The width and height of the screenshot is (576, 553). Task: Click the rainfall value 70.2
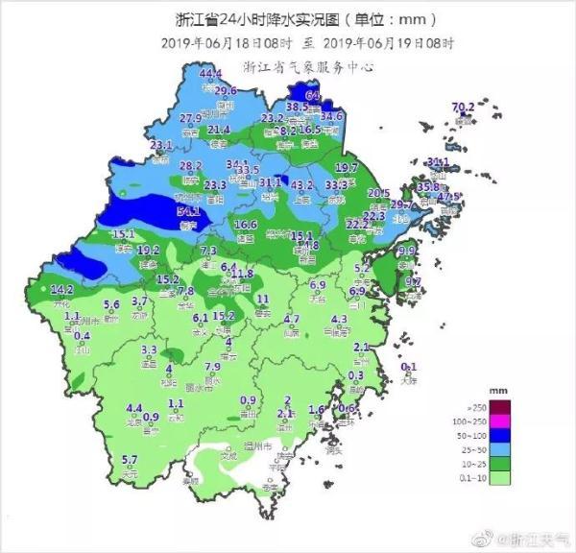464,106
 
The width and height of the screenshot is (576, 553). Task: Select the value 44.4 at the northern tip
210,74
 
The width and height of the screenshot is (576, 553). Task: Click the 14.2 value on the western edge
62,289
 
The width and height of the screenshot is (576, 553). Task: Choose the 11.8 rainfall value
242,274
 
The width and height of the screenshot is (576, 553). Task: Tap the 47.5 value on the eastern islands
449,197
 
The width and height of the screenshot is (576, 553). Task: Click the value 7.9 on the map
213,366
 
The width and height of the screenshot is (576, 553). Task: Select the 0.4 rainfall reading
83,335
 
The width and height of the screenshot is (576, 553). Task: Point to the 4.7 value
292,319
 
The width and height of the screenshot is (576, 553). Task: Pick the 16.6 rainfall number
246,225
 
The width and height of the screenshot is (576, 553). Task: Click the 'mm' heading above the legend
497,392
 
